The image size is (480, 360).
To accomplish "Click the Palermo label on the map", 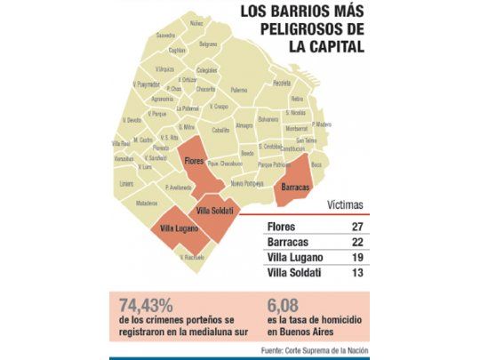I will pos(239,90).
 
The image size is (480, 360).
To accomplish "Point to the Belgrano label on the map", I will pos(208,44).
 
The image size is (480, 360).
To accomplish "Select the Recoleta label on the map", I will pos(282,84).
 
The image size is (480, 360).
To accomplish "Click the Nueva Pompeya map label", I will pos(248,182).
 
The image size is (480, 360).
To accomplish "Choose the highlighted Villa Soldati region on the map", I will pos(214,211).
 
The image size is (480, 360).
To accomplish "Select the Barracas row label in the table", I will pos(288,241).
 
